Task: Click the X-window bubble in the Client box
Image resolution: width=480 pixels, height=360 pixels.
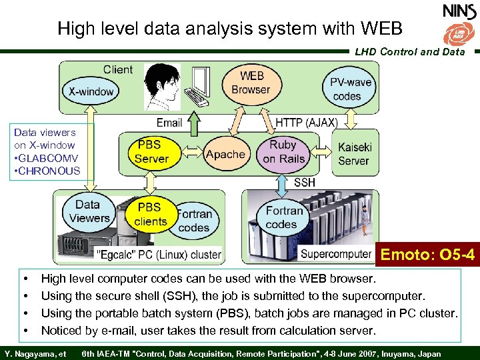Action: (91, 91)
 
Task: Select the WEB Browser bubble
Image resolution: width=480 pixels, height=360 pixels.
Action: (251, 83)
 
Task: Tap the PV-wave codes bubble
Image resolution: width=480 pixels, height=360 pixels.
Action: (347, 89)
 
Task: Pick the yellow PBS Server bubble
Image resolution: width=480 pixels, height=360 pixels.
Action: (151, 151)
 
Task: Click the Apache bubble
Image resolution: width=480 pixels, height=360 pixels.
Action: (225, 155)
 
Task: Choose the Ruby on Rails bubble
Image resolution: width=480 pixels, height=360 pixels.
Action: (283, 151)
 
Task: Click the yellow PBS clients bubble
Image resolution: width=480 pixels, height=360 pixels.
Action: (150, 214)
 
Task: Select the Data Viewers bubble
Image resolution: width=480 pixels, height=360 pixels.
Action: (88, 211)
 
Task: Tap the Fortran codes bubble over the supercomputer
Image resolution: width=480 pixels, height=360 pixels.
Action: (285, 217)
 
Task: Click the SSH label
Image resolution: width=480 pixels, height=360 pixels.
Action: (305, 182)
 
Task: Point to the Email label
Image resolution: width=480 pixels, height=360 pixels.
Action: (169, 122)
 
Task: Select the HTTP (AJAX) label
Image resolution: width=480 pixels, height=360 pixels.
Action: (307, 122)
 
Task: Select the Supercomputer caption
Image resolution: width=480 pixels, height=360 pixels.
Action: (335, 254)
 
